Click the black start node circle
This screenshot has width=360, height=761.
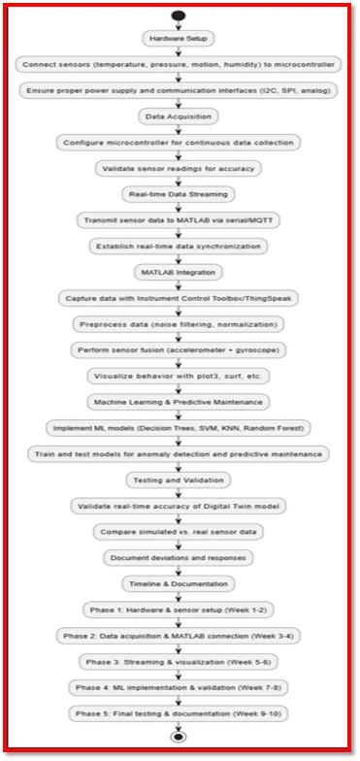coord(179,16)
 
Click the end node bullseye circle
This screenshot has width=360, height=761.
coord(179,737)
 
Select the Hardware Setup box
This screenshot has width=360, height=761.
coord(179,39)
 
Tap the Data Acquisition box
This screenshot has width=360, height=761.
coord(179,116)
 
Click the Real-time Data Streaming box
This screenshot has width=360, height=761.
coord(179,194)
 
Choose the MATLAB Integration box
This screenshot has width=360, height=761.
coord(179,273)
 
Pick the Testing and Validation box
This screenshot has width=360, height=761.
coord(179,480)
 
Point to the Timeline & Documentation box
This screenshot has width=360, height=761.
coord(179,584)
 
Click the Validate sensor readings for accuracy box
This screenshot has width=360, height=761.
coord(179,169)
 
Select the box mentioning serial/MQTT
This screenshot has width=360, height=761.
coord(179,220)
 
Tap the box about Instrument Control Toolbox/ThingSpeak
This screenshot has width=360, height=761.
coord(179,299)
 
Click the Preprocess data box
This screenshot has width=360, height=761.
coord(179,324)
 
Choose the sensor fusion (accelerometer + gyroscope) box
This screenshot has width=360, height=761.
coord(179,350)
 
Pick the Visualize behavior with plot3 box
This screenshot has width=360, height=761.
coord(179,377)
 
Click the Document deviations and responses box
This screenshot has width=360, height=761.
coord(179,558)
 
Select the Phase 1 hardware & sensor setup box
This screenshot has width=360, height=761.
coord(179,610)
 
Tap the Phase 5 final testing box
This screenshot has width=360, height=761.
coord(179,714)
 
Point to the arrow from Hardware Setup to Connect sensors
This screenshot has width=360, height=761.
coord(179,51)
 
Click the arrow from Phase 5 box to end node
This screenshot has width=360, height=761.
coord(179,726)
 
